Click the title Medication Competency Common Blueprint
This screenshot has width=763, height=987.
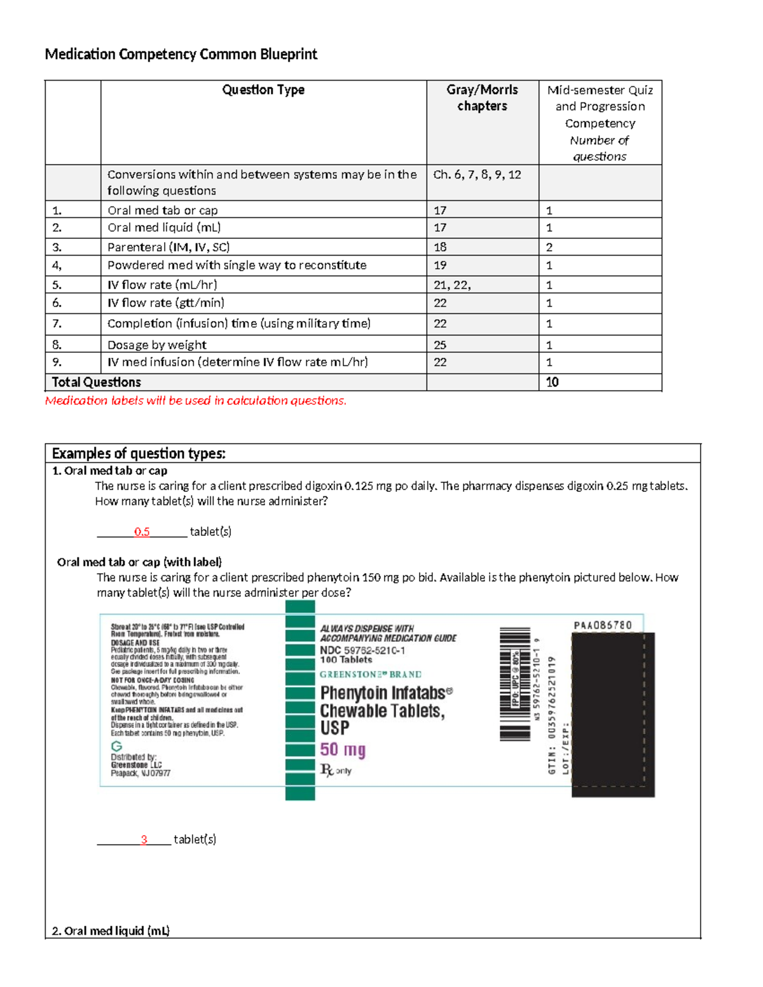point(181,54)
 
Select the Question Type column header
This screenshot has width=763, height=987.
point(263,90)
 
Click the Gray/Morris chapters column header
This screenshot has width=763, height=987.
point(482,98)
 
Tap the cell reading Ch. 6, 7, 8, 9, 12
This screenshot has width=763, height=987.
point(477,175)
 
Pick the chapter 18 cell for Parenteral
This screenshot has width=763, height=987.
point(440,247)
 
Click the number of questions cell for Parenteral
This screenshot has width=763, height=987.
point(549,247)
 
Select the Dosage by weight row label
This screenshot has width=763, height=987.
point(157,345)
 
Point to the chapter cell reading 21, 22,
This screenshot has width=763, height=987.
point(452,285)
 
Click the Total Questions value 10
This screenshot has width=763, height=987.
point(552,382)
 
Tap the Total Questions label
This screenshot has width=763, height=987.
point(96,382)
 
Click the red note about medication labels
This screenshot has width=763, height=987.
point(196,400)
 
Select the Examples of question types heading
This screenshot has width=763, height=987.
point(139,453)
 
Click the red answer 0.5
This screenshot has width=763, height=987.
point(142,532)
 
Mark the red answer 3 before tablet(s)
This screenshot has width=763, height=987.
point(144,840)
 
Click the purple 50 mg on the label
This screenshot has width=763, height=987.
point(343,750)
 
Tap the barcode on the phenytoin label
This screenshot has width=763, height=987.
point(514,684)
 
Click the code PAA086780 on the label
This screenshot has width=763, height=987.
point(603,625)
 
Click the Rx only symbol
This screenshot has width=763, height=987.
point(335,770)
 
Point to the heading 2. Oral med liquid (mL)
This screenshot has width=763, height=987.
point(111,931)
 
